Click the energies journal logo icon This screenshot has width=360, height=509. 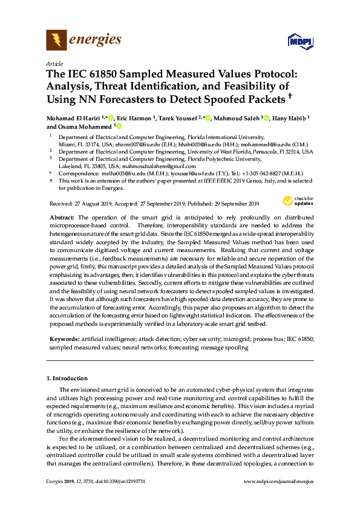56,41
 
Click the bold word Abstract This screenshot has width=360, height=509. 62,217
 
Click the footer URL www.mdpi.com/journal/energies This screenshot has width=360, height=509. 278,482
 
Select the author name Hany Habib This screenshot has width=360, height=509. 290,118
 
